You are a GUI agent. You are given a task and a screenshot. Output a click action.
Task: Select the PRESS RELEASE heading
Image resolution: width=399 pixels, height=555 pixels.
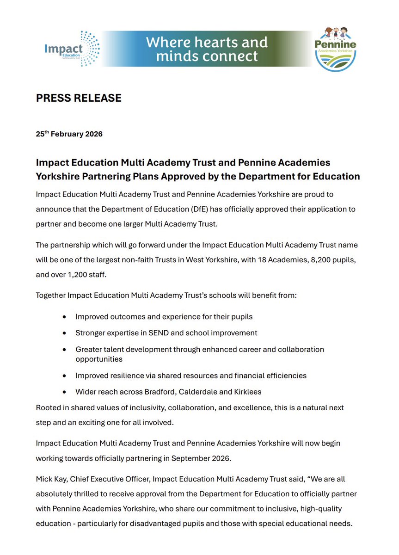click(x=79, y=98)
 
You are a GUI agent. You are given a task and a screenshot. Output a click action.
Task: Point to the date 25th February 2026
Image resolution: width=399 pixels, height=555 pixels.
click(x=69, y=134)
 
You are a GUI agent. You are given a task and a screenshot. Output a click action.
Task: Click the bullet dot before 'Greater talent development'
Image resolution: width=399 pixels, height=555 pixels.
click(x=64, y=350)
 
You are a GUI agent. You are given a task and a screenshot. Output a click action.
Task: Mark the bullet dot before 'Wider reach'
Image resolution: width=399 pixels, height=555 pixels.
click(x=64, y=392)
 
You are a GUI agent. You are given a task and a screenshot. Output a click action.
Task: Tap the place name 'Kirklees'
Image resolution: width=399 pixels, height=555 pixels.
click(x=246, y=392)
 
